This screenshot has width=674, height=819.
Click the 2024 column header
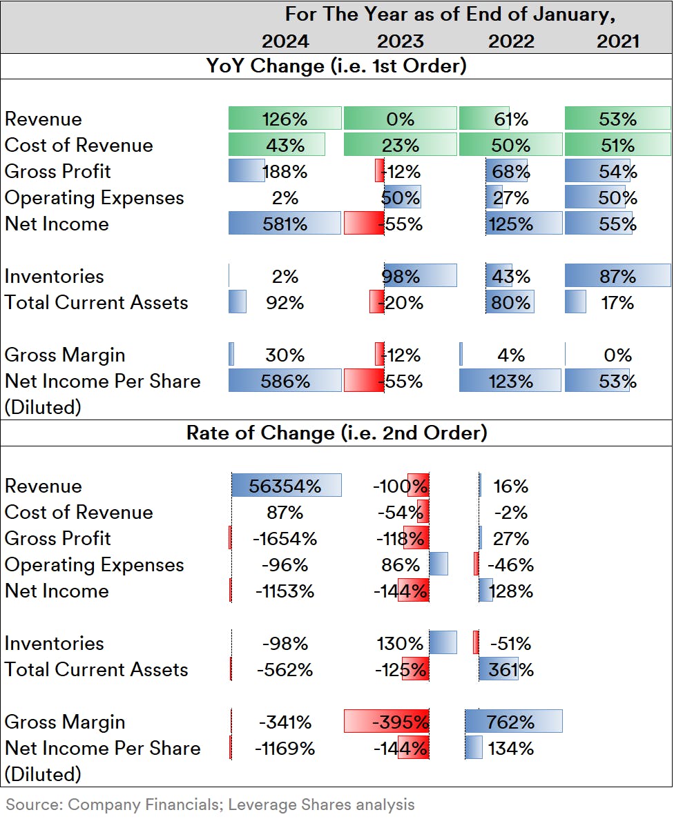pos(285,41)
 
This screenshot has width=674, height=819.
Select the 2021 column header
pos(618,41)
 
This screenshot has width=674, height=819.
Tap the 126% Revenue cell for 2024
pos(285,119)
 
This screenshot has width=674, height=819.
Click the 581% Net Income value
pos(285,224)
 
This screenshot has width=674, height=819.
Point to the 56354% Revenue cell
pos(285,486)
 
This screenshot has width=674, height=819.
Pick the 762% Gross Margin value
pos(512,722)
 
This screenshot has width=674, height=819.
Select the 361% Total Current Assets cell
pos(511,669)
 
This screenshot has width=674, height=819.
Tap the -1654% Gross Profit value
pos(285,538)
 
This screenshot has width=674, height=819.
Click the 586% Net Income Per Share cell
pos(285,381)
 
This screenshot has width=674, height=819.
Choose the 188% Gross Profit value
pos(285,171)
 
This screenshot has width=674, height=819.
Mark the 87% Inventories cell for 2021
pos(618,276)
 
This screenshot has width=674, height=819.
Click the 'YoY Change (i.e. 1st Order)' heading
pos(336,66)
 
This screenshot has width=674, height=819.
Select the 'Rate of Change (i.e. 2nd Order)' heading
pos(336,433)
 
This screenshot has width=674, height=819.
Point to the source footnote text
pos(211,804)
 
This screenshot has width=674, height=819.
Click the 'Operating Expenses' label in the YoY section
pos(95,197)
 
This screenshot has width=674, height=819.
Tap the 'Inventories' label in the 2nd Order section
pos(55,643)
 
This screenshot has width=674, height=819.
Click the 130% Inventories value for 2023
pos(401,643)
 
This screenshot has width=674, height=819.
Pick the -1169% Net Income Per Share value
pos(285,748)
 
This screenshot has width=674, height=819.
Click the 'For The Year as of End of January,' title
pos(450,14)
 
